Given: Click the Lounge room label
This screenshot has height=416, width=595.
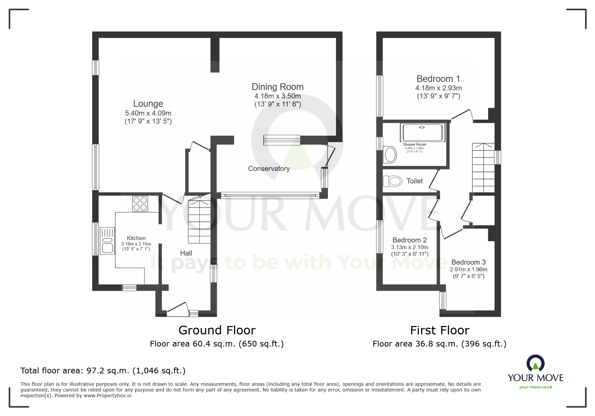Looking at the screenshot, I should (x=148, y=104).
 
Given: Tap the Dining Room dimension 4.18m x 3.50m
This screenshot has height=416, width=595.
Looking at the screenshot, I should (x=278, y=96).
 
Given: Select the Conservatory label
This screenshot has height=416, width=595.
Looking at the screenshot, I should (x=269, y=169).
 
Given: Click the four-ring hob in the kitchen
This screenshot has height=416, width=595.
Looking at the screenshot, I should (x=140, y=203).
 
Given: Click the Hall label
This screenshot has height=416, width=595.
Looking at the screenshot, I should (x=186, y=253).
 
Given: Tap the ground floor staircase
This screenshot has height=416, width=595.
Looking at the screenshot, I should (x=199, y=222).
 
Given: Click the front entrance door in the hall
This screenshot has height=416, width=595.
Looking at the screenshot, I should (x=177, y=308).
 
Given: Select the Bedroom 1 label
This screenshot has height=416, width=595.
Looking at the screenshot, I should (x=438, y=79).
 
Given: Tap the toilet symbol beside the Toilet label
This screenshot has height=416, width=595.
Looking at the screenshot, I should (x=392, y=181).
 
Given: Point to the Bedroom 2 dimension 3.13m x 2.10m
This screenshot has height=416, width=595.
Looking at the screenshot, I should (x=410, y=247).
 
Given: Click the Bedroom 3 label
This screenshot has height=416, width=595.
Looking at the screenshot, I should (x=468, y=262).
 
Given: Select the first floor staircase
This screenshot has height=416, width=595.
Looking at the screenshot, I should (x=483, y=168).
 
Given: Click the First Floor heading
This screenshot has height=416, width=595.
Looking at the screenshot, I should (x=439, y=330).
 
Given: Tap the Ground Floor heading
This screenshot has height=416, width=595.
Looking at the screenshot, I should (x=217, y=330).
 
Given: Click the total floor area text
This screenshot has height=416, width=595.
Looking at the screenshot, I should (x=103, y=371).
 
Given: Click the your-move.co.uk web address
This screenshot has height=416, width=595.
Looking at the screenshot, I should (x=536, y=387).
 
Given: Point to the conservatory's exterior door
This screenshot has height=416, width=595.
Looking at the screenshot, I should (x=330, y=156).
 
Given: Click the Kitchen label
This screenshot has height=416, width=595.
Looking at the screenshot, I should (x=136, y=238).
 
